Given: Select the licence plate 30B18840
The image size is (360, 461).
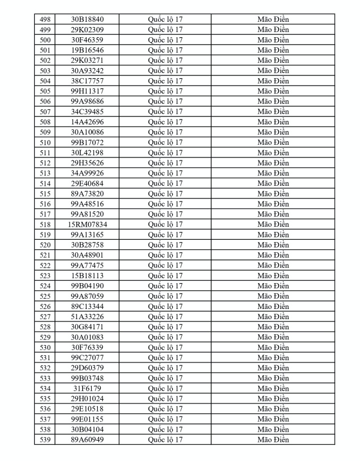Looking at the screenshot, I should click(87, 19).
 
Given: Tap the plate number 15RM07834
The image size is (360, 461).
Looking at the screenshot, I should click(87, 225).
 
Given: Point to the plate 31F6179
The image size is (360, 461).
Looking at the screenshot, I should click(87, 388).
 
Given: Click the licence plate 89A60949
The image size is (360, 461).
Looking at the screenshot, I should click(87, 440).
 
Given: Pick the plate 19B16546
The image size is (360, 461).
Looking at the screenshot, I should click(87, 50).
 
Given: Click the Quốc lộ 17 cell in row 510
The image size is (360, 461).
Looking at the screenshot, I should click(165, 142).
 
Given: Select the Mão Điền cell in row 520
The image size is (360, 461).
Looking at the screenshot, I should click(273, 245).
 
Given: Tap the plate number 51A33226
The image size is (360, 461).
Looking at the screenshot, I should click(87, 317).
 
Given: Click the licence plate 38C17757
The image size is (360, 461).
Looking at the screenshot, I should click(87, 80).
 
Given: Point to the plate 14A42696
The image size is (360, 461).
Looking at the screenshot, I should click(87, 122).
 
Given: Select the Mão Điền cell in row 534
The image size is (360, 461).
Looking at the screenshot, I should click(273, 388).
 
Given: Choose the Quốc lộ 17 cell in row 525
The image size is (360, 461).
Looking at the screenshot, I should click(165, 296).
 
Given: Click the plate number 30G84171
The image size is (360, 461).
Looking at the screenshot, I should click(87, 327).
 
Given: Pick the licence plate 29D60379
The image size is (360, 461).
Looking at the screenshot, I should click(87, 368).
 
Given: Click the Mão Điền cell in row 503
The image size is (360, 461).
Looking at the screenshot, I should click(273, 70).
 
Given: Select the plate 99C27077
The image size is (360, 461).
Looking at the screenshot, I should click(87, 357).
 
